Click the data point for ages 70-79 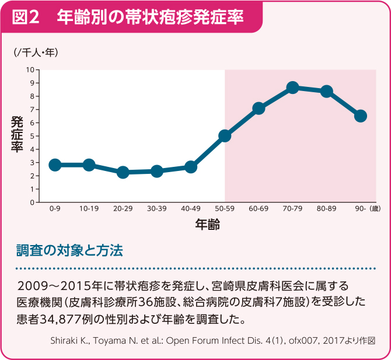pos(293,88)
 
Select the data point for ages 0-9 pos(55,165)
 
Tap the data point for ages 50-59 pos(225,136)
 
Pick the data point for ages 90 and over pos(361,116)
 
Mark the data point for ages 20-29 pos(123,172)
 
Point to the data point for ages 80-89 pos(327,92)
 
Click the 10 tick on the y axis pos(30,70)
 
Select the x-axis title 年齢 pos(207,223)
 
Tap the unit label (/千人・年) pos(36,53)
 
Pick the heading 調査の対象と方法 pos(70,251)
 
